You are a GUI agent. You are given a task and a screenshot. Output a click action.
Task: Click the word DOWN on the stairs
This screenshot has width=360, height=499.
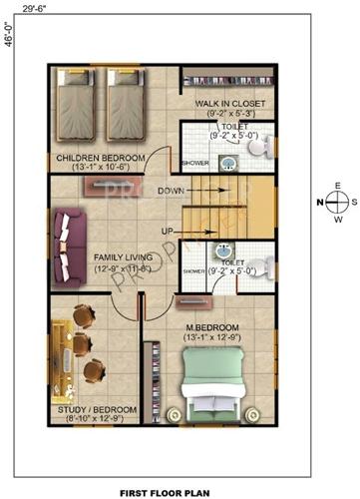pyautogui.click(x=171, y=190)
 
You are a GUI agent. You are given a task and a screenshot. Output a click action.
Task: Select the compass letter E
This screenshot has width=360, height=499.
pyautogui.click(x=338, y=187)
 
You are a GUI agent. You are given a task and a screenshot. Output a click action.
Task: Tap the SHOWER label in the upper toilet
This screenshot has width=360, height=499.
pyautogui.click(x=194, y=162)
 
